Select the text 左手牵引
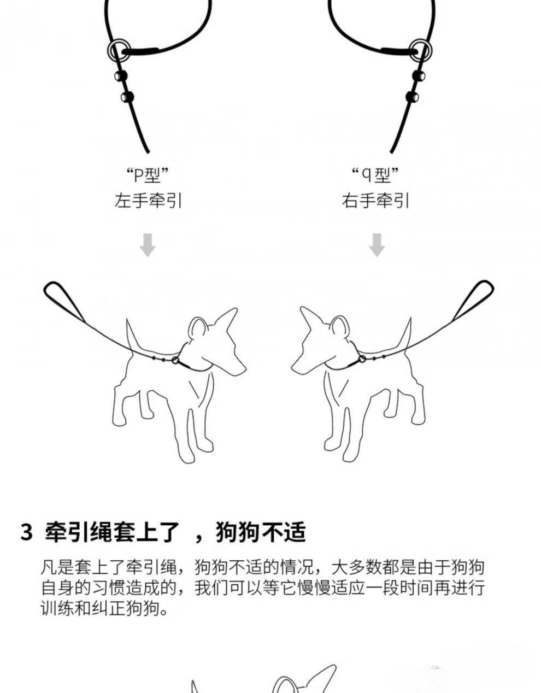tap(148, 201)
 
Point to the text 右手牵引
tap(375, 201)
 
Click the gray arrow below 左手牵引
tap(148, 245)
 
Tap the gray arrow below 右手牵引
tap(377, 245)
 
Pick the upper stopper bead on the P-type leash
tap(121, 76)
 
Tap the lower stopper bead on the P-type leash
tap(127, 96)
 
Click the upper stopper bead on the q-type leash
tap(419, 76)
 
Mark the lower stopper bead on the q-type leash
tap(412, 96)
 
